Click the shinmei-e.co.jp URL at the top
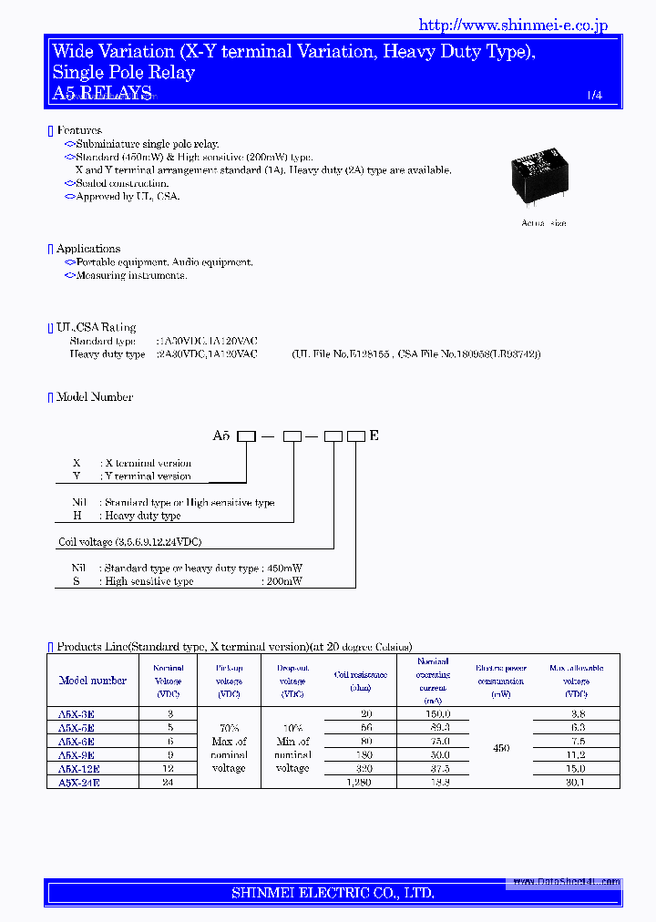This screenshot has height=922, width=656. [513, 26]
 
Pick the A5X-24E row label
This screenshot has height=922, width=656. [79, 783]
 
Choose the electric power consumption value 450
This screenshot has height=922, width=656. [501, 748]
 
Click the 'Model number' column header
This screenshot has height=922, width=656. [93, 681]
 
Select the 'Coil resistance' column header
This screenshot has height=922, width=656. [361, 675]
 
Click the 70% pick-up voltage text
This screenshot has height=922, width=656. [229, 728]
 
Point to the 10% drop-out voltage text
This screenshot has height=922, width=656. [292, 728]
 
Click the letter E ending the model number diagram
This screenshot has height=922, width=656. [374, 436]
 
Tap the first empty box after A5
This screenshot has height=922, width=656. [246, 436]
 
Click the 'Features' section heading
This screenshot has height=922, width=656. [78, 131]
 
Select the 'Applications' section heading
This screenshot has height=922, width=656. [87, 249]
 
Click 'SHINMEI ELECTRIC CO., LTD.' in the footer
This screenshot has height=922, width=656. [333, 893]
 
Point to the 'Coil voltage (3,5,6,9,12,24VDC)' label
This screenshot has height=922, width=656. [129, 542]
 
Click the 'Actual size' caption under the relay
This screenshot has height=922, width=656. [543, 223]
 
